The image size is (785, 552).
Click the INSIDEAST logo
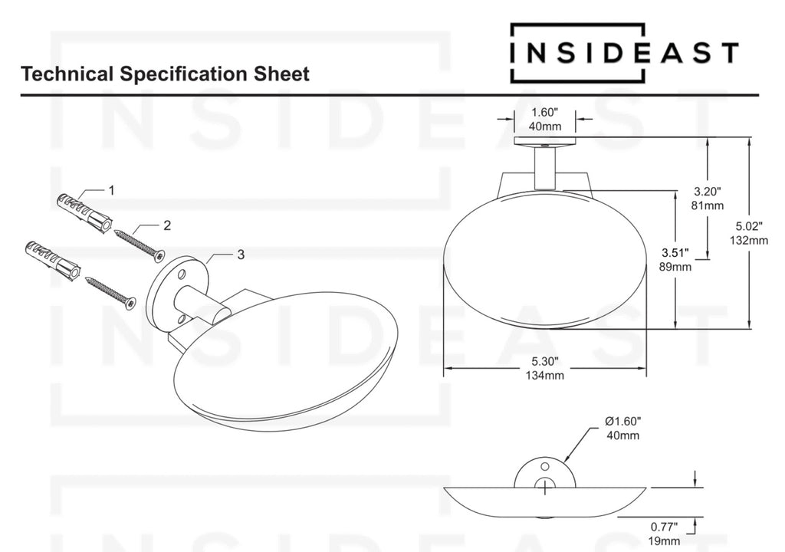[x=624, y=53]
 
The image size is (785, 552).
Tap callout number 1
[x=112, y=190]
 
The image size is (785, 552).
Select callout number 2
[x=167, y=225]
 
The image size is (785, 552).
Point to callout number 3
[x=241, y=255]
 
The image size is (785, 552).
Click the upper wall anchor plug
[x=83, y=212]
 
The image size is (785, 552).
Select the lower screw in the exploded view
[x=110, y=291]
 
